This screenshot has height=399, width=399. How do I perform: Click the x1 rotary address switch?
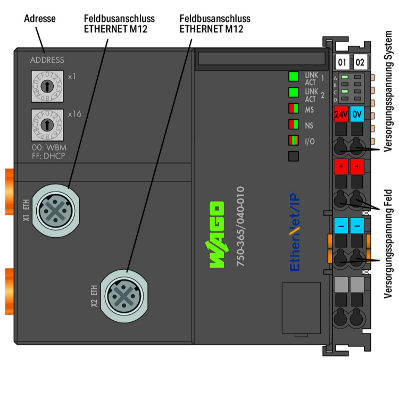[48, 85]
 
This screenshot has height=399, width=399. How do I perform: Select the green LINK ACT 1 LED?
[293, 76]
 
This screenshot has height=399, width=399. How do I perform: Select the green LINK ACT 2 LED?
[293, 93]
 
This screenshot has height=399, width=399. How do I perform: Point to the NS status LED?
[293, 125]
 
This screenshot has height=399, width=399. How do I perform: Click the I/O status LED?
[293, 141]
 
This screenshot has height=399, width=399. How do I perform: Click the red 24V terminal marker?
[340, 114]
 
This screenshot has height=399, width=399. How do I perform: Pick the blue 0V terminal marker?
[357, 114]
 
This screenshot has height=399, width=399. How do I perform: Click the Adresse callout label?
[40, 19]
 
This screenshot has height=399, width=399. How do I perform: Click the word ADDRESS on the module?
[47, 60]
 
